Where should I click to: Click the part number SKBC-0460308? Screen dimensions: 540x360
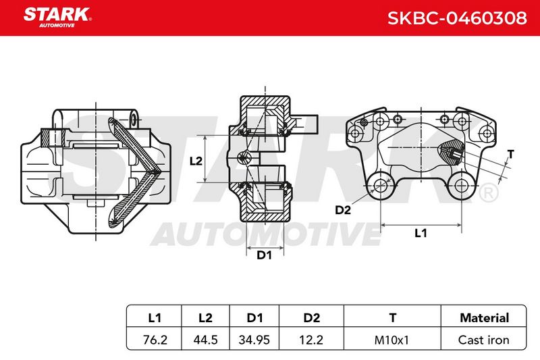457,18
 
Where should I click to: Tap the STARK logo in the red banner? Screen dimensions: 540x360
57,18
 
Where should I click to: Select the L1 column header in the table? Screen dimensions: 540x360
155,317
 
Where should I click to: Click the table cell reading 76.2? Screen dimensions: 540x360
155,340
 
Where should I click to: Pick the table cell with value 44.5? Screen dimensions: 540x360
205,340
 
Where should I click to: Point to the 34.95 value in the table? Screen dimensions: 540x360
254,340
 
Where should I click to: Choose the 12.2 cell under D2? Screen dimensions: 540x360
311,340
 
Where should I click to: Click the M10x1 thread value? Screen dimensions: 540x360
391,340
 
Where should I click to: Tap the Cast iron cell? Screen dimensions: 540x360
483,340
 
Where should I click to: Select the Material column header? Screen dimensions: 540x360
484,317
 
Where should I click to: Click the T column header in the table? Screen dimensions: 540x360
393,317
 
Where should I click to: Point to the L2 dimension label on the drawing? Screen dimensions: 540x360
196,161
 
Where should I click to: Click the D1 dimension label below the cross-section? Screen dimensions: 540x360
264,255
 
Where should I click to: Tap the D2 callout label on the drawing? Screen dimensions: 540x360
343,210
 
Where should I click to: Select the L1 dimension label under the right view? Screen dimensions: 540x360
421,233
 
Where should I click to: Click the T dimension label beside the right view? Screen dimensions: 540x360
511,154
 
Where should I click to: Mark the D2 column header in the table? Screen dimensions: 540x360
311,317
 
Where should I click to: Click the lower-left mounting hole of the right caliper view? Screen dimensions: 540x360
380,186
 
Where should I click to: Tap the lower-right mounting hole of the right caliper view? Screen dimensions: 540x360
462,186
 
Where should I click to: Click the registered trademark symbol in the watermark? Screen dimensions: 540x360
488,193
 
